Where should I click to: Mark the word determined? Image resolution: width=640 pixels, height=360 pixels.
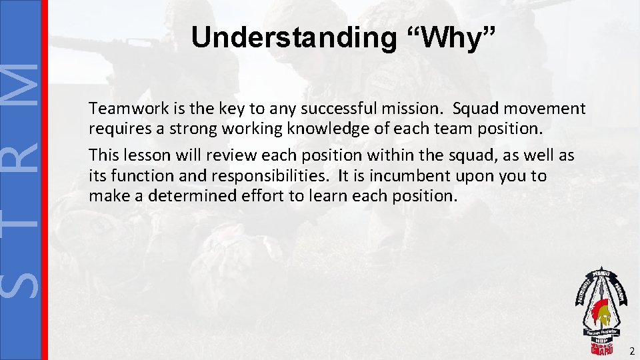[182, 196]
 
